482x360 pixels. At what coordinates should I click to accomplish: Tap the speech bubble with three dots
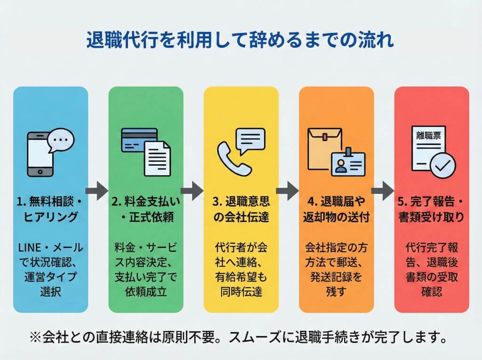[62, 141]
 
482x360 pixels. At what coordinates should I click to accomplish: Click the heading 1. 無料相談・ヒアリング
[50, 210]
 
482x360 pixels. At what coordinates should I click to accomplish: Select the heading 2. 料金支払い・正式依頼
[146, 210]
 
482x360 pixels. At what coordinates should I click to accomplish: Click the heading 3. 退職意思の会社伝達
[241, 210]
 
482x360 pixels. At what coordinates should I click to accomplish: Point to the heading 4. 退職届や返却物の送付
[336, 210]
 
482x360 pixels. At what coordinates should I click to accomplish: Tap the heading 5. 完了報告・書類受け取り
[431, 210]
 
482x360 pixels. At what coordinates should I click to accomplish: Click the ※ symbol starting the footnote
[35, 337]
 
